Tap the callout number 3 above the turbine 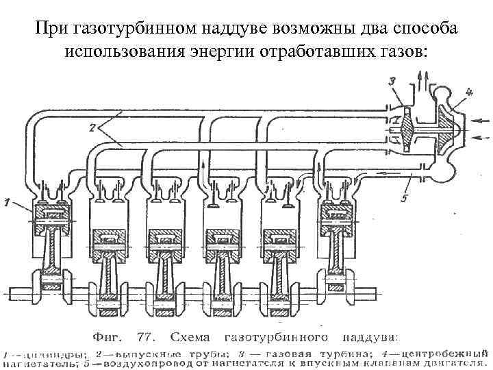pyautogui.click(x=391, y=82)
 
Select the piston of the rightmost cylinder pyautogui.click(x=337, y=221)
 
